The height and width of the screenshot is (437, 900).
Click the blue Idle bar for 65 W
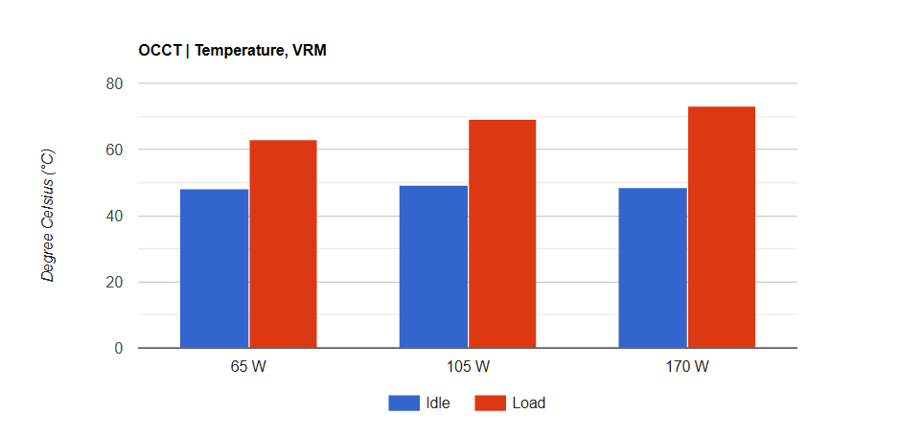[x=214, y=268]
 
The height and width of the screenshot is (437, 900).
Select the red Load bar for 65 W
[x=283, y=244]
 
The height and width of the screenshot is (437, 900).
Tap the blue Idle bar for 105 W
[x=433, y=266]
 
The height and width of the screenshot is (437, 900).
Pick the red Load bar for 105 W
[x=502, y=234]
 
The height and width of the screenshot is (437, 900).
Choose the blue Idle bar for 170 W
[x=653, y=267]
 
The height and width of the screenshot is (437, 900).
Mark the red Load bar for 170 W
[x=722, y=227]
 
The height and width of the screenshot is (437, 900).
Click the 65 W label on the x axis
[x=248, y=367]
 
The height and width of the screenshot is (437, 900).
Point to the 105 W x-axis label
[x=468, y=367]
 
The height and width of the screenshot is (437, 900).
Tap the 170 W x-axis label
[x=687, y=367]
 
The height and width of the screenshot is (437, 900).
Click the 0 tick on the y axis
[x=119, y=349]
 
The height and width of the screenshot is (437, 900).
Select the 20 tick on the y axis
[x=115, y=283]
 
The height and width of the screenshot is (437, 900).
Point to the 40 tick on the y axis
[x=115, y=217]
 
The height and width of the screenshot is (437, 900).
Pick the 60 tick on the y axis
[x=115, y=149]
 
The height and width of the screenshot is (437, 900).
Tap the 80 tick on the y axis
[x=115, y=83]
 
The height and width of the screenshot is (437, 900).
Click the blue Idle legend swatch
[x=404, y=403]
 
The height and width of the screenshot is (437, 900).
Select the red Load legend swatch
[x=491, y=403]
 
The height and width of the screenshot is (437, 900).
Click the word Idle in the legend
[x=438, y=403]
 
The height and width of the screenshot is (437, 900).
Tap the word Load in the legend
[x=529, y=403]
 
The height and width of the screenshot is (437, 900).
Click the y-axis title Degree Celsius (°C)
[x=49, y=216]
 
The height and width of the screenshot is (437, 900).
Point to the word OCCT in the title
[x=158, y=50]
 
